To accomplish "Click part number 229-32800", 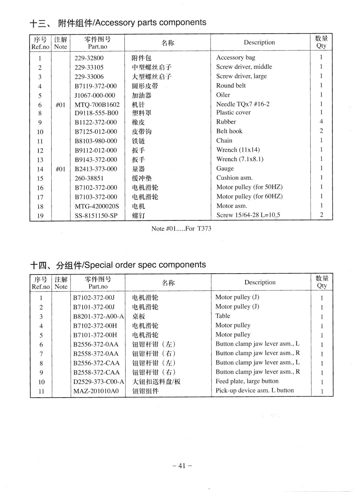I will click(89, 58).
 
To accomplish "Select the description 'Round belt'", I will click(231, 86).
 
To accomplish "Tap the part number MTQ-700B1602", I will click(97, 104).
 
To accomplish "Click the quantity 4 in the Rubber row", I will click(321, 122).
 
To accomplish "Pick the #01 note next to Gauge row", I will click(60, 169).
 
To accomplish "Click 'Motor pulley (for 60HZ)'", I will click(250, 196).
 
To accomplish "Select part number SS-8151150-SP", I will click(96, 216).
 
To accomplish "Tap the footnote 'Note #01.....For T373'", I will click(181, 229).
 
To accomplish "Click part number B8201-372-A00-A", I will click(99, 316).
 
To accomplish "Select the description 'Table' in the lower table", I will click(223, 316).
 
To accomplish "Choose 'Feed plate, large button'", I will click(247, 381).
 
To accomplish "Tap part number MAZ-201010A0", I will click(96, 391).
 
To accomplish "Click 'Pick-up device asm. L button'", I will click(254, 390).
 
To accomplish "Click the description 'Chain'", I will click(224, 140).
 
